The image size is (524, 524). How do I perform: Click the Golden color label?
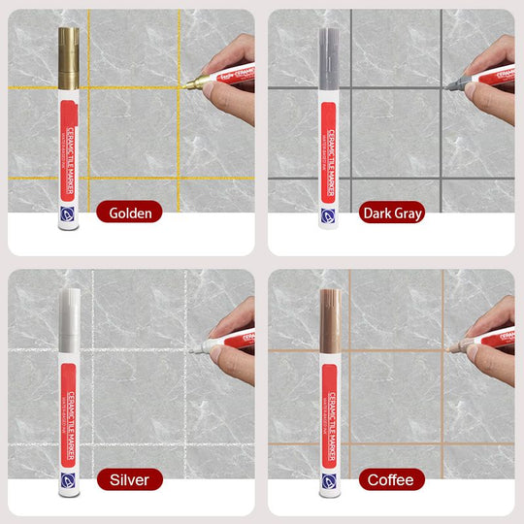(130, 213)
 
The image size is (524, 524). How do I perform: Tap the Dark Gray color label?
(392, 213)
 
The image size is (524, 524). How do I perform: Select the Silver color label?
(130, 479)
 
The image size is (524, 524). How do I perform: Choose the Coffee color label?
(391, 479)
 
